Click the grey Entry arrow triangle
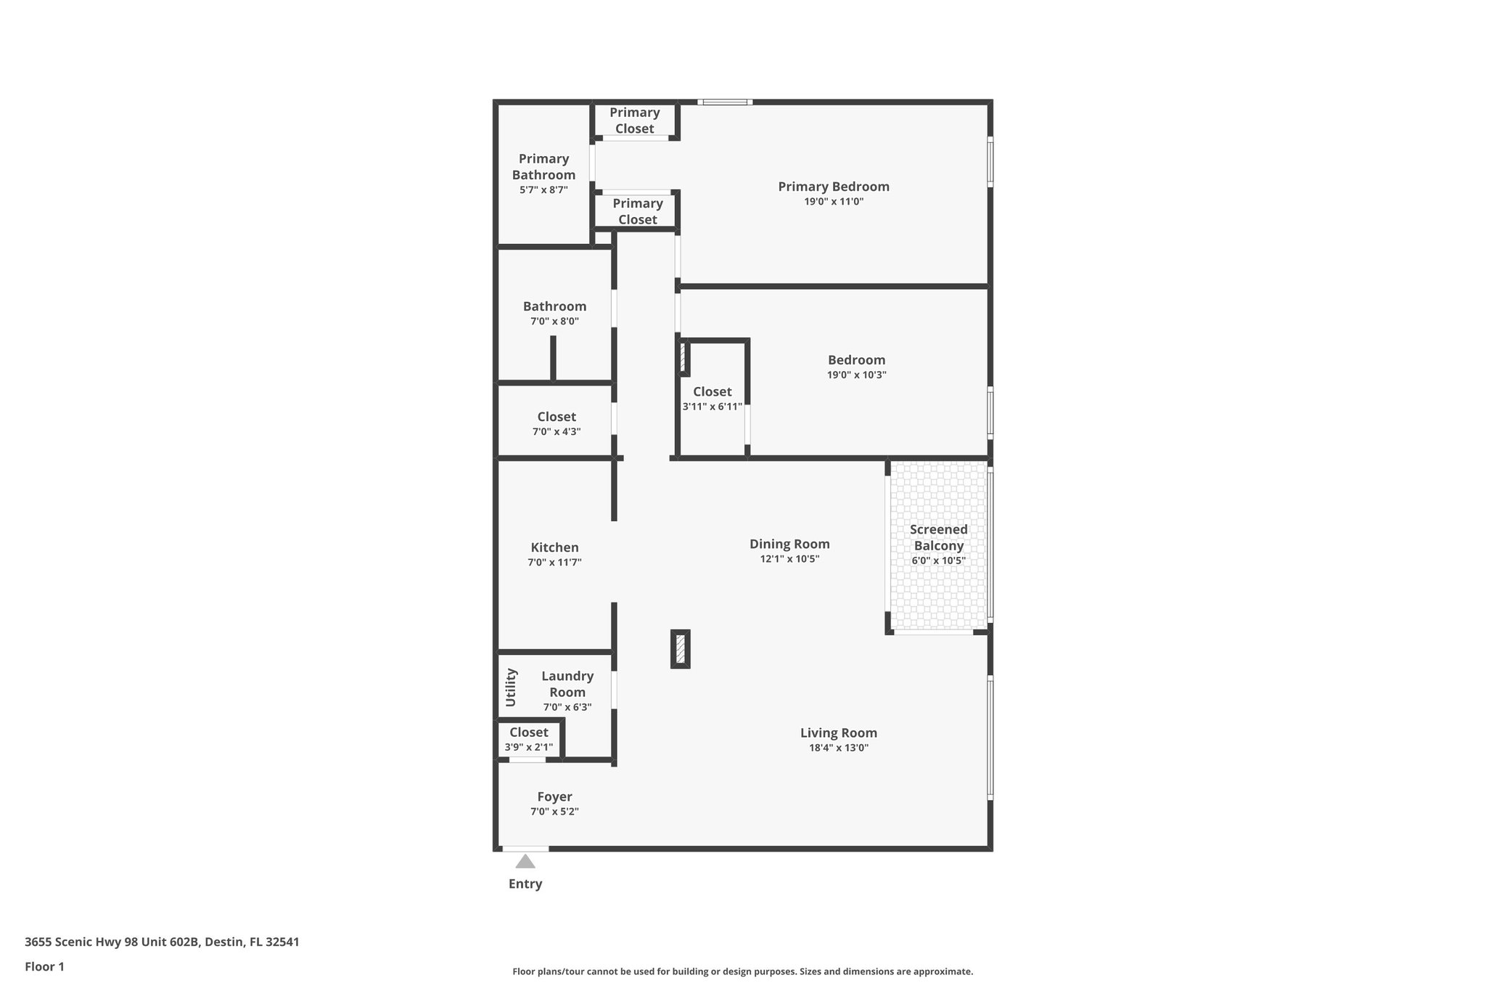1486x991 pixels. pos(525,862)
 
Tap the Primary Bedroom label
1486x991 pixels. pos(834,187)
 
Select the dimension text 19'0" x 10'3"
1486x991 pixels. pos(856,375)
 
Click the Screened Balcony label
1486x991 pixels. pos(938,537)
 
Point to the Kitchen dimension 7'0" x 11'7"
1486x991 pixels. pos(554,563)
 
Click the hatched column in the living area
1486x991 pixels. pos(680,648)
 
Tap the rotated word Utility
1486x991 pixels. pos(511,687)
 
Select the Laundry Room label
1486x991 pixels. pos(567,684)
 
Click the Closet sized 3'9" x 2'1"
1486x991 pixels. pos(528,733)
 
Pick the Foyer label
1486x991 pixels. pos(554,796)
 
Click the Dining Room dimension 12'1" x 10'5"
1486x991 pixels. pos(789,559)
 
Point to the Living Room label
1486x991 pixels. pos(839,733)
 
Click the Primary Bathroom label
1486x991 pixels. pos(543,166)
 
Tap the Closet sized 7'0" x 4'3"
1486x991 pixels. pos(557,417)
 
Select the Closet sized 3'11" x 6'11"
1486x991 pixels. pos(712,392)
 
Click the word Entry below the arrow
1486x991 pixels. pos(525,884)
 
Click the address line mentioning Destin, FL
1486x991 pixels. pos(162,942)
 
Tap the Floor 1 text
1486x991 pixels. pos(44,966)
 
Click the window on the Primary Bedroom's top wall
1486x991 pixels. pos(725,102)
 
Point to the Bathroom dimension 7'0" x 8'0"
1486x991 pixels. pos(554,321)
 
